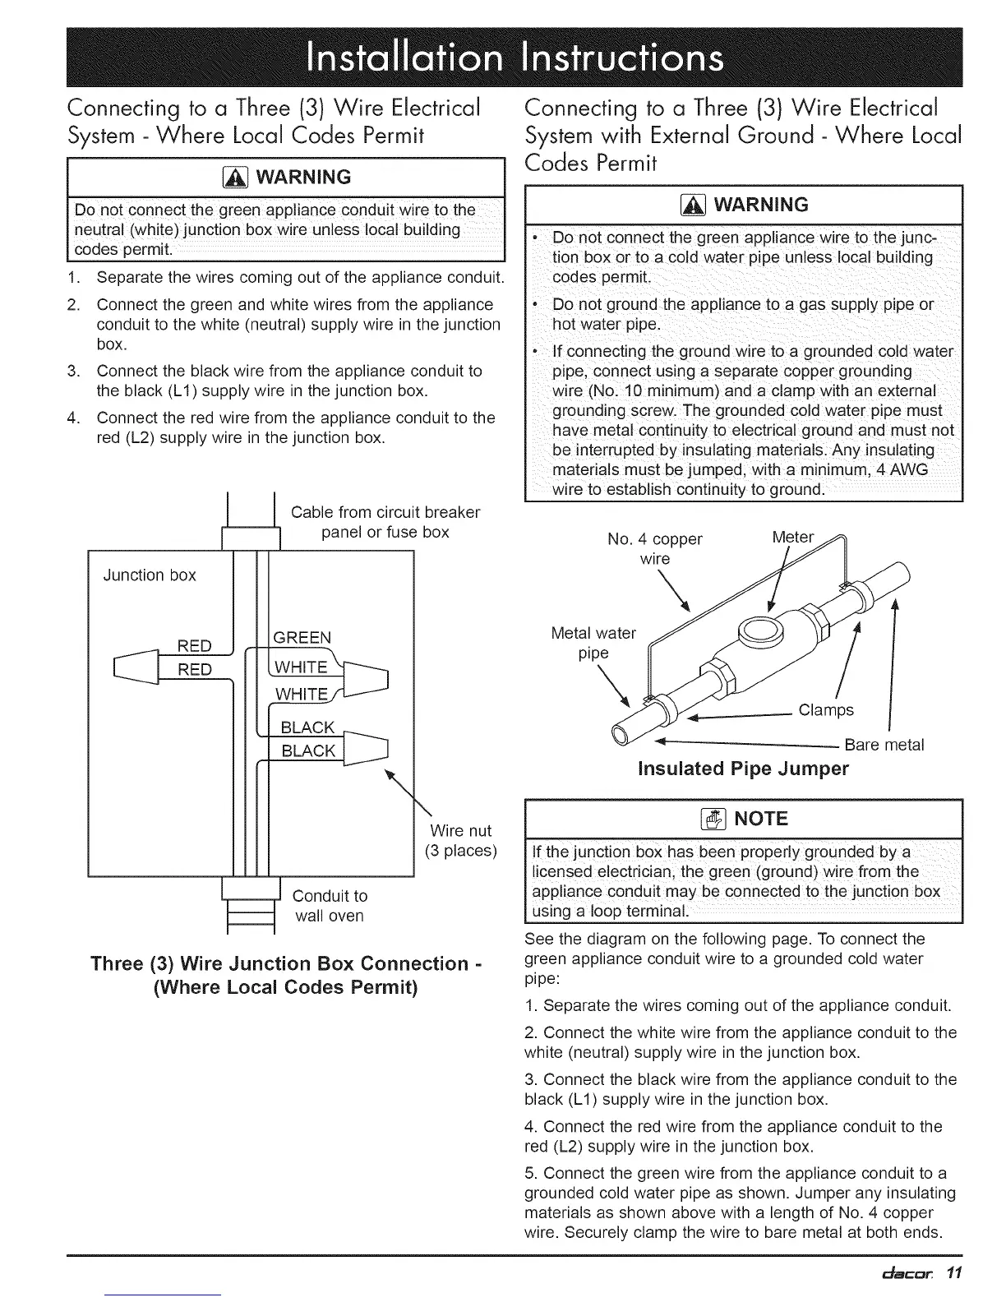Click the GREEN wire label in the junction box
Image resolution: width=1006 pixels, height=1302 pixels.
point(302,638)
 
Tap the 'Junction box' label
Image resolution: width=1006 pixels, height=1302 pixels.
point(150,575)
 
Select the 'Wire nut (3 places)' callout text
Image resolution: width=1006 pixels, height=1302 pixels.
point(460,840)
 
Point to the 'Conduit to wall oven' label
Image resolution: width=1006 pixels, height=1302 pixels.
point(330,906)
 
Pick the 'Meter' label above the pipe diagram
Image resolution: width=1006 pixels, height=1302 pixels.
point(792,538)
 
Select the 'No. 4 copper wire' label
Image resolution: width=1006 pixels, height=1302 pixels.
point(655,549)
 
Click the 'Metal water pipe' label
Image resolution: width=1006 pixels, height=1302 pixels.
point(593,643)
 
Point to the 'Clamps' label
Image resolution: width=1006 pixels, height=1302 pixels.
point(826,710)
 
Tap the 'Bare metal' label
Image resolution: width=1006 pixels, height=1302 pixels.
point(884,746)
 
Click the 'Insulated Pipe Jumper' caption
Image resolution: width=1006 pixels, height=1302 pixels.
point(743,769)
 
